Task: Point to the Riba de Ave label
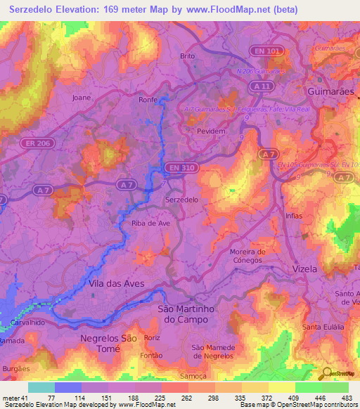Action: click(151, 223)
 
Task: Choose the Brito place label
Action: click(187, 56)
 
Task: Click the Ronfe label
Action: click(148, 100)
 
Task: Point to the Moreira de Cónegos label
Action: click(247, 255)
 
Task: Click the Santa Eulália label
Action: click(322, 327)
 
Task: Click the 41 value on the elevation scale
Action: click(21, 398)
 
